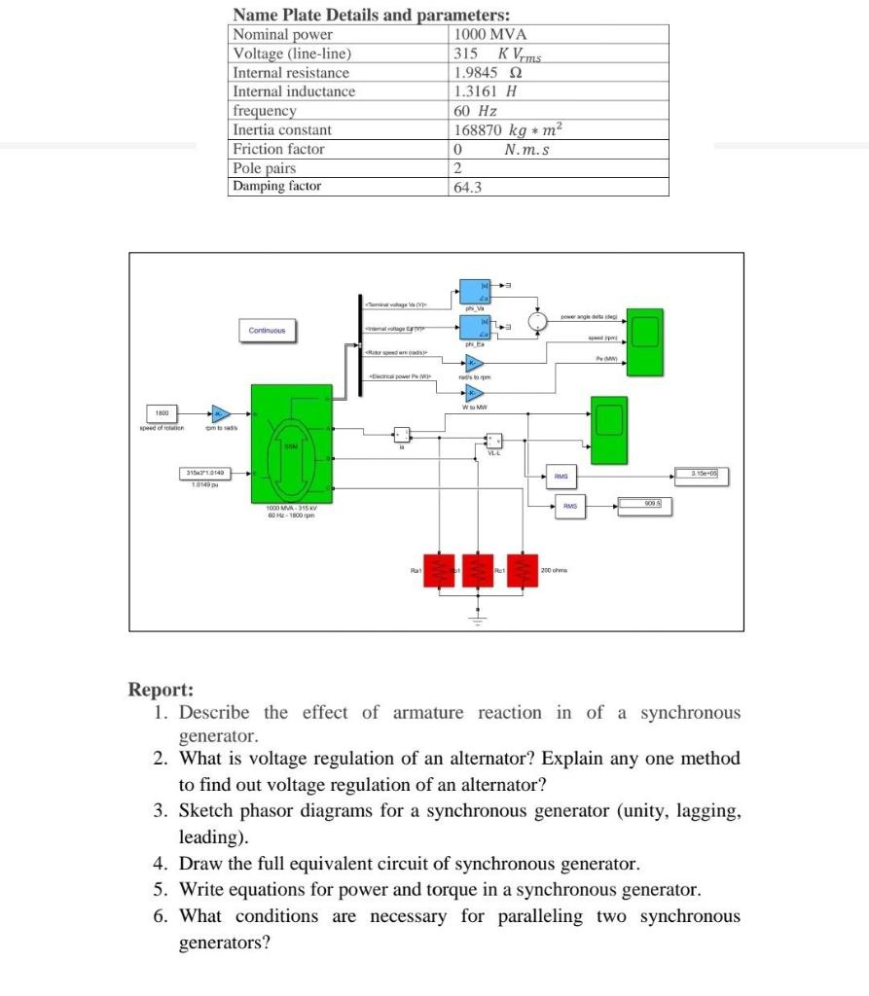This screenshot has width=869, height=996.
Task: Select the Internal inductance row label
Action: (x=294, y=91)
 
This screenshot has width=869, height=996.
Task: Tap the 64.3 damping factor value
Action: (x=468, y=187)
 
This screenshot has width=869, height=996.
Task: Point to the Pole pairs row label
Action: (x=265, y=168)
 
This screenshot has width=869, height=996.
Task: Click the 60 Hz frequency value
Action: (x=476, y=111)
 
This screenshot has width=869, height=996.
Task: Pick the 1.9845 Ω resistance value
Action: (x=489, y=73)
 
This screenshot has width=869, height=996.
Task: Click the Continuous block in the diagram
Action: (x=266, y=331)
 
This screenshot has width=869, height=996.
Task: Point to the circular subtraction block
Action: (x=535, y=321)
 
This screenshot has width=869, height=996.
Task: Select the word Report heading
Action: (x=161, y=690)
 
